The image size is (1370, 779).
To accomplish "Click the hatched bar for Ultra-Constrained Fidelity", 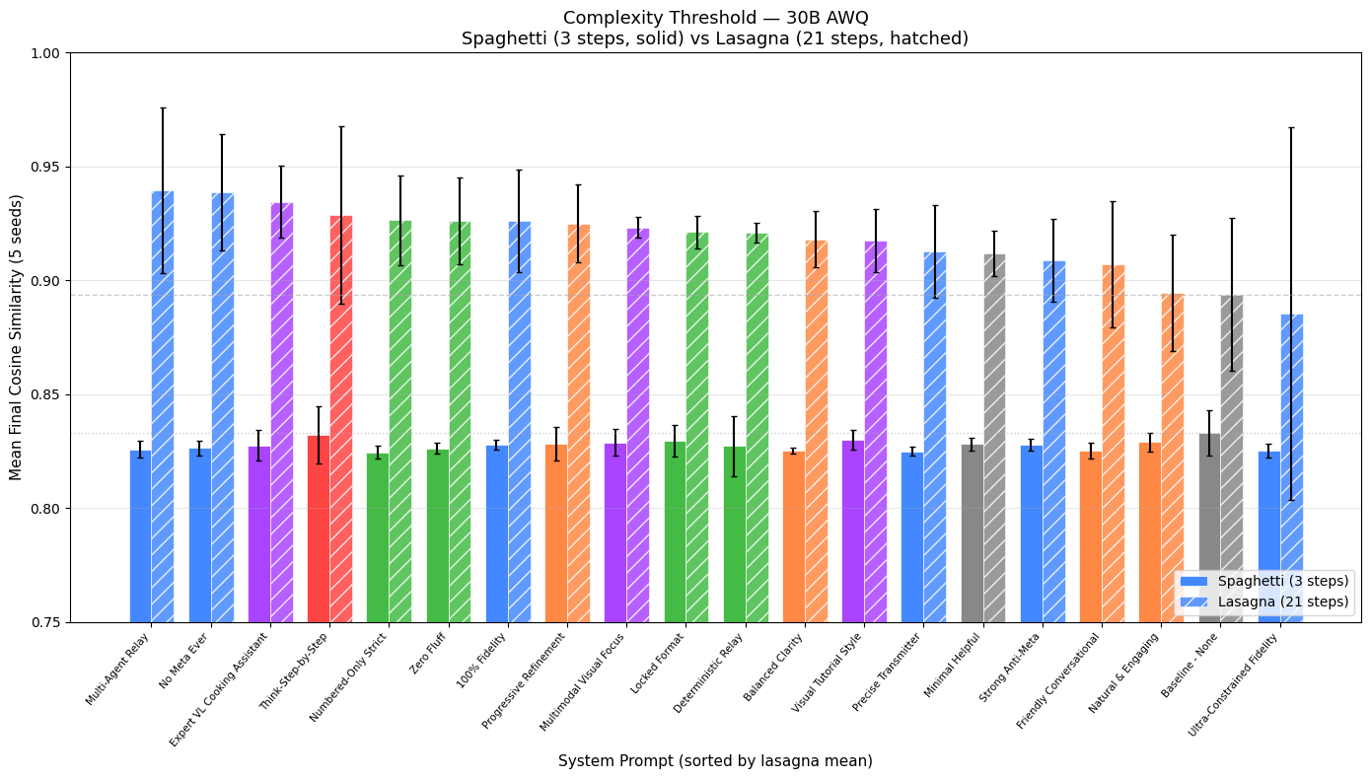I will pyautogui.click(x=1291, y=463).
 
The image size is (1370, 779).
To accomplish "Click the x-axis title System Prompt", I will pyautogui.click(x=715, y=761).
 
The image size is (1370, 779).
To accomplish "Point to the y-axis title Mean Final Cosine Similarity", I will pyautogui.click(x=16, y=337).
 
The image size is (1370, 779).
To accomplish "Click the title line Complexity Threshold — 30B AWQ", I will pyautogui.click(x=715, y=17).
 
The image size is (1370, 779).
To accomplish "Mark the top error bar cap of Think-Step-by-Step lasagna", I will pyautogui.click(x=341, y=126).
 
